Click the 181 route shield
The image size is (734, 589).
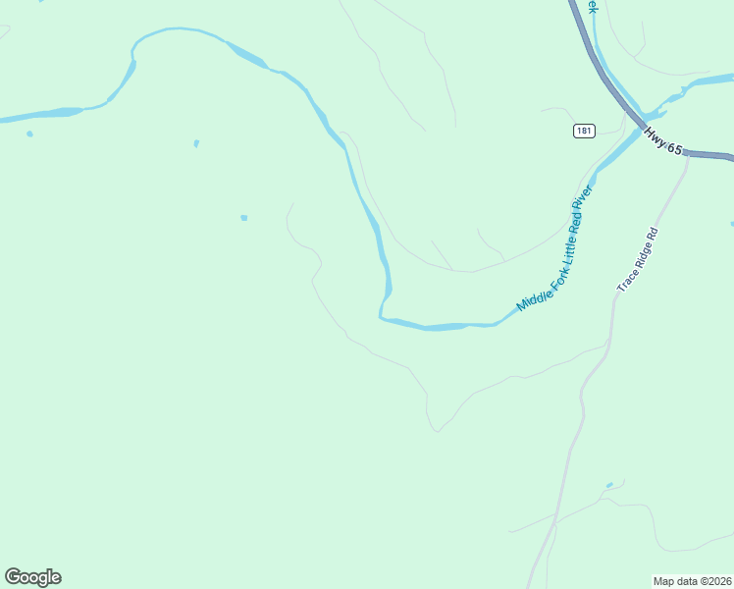pos(584,131)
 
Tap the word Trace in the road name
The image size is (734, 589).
pos(626,282)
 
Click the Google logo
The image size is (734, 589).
pos(33,577)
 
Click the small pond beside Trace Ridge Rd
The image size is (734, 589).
pos(609,485)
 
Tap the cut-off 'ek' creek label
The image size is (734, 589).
pos(591,6)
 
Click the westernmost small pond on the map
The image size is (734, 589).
pos(29,134)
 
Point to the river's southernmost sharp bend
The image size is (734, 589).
pos(382,314)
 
